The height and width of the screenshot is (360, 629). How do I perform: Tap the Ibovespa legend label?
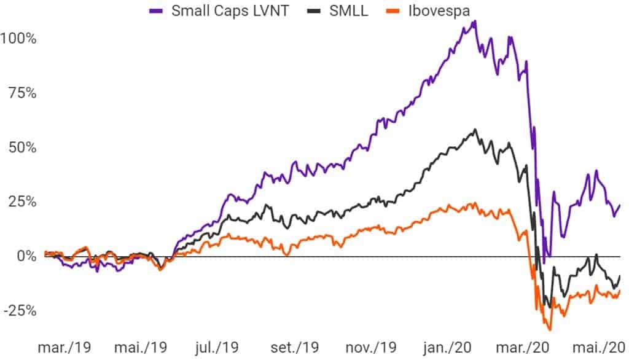tap(440, 10)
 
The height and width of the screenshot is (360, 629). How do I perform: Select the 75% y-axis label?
tap(21, 93)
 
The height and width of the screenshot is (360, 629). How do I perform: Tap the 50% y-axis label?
tap(21, 147)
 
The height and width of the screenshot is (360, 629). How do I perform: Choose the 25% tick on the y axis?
tap(21, 202)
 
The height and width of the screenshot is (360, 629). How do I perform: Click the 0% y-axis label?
tap(25, 256)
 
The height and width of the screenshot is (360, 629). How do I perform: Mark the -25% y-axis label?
tap(19, 310)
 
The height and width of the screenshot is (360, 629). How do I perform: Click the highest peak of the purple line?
tap(475, 22)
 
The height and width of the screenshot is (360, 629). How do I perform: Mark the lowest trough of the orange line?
tap(550, 329)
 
